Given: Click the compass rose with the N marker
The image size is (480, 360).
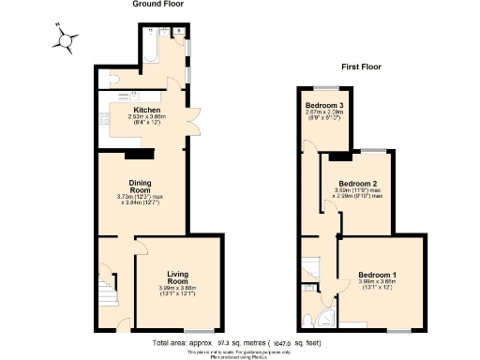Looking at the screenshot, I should [x=65, y=40].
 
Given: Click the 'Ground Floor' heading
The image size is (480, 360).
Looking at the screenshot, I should [x=157, y=5].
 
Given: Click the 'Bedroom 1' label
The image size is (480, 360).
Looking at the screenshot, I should [x=377, y=275].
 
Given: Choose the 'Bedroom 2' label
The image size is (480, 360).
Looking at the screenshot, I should [x=357, y=183].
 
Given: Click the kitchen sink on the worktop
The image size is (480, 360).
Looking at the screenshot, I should [x=133, y=95].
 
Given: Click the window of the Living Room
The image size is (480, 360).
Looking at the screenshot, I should [x=197, y=331].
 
